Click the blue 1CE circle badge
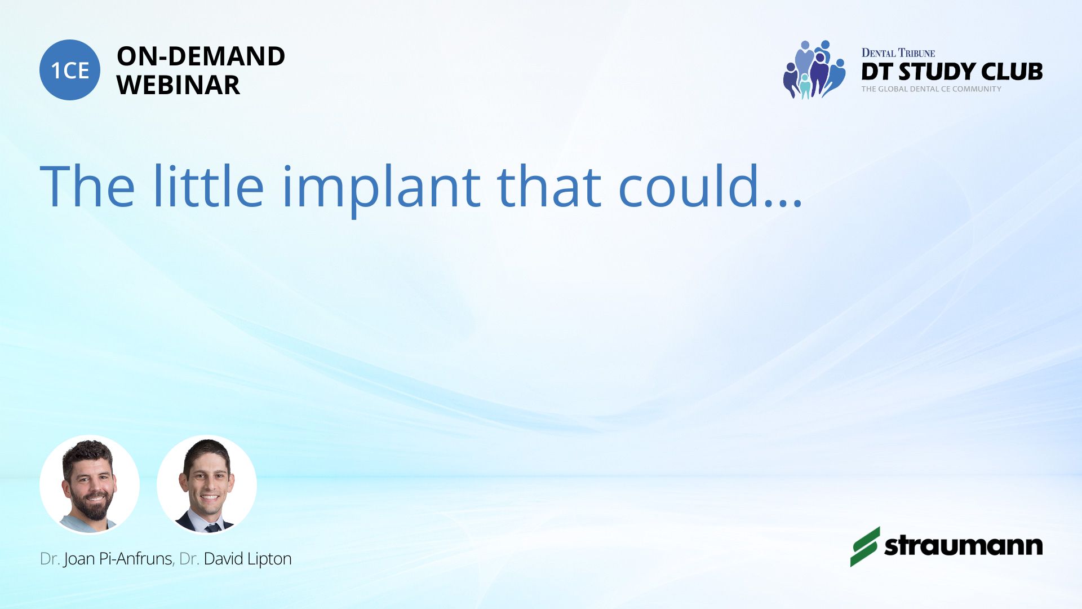click(70, 70)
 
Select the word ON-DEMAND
click(201, 56)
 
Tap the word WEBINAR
click(178, 85)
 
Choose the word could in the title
click(689, 186)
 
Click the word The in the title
click(87, 186)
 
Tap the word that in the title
click(549, 186)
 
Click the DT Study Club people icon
click(814, 70)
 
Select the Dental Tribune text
click(898, 53)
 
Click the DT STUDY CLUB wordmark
click(952, 72)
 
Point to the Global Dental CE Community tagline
click(932, 89)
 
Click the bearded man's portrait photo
click(90, 484)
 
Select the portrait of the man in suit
click(207, 484)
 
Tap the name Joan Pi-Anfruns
click(118, 559)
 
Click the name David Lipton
click(247, 559)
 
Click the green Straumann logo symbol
click(865, 546)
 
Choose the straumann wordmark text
click(964, 545)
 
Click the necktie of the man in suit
click(212, 528)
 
